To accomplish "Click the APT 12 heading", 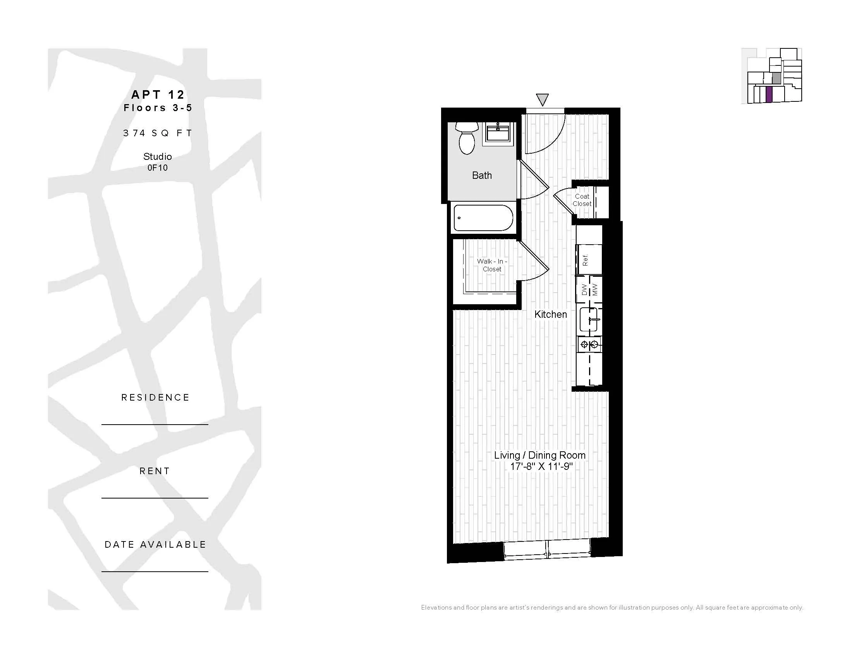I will (158, 94).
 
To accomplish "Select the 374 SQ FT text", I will (158, 133).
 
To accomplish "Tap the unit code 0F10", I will (158, 168).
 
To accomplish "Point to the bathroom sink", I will (498, 133).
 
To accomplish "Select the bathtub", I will (483, 218).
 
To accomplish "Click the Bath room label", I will (482, 175).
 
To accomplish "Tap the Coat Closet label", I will (582, 200).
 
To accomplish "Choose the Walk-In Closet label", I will (492, 265).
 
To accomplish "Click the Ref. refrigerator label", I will (585, 260).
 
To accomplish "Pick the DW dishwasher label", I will (584, 290).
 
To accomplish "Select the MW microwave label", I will (595, 290).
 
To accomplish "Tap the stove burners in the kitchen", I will (589, 344).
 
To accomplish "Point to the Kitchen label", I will (550, 314).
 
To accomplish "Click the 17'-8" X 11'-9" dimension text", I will (541, 466).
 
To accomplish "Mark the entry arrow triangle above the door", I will (542, 99).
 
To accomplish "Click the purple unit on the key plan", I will (769, 94).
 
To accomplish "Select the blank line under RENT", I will (155, 498).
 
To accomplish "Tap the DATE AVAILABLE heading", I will (155, 544).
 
